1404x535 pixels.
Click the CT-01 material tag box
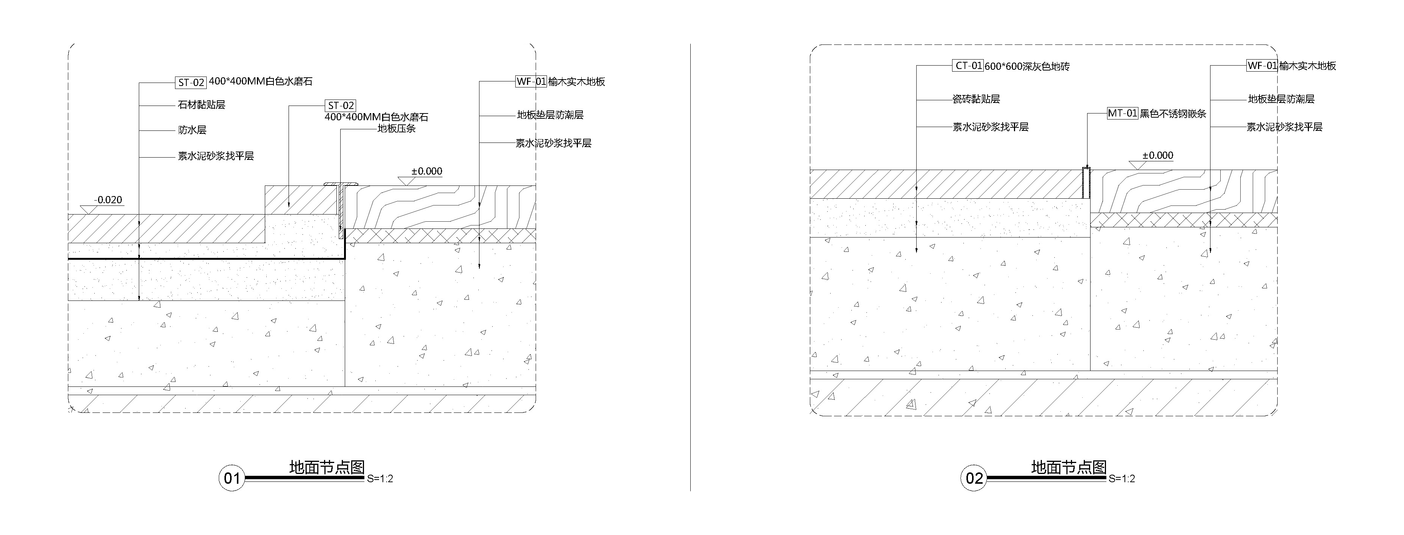(968, 66)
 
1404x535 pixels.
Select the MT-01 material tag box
(1122, 113)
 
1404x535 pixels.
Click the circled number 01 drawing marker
(232, 478)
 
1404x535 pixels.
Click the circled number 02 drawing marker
(974, 478)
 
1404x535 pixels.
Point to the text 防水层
(192, 130)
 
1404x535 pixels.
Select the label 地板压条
(397, 129)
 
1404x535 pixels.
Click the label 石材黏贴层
(201, 104)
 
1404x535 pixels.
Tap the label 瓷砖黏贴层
(975, 99)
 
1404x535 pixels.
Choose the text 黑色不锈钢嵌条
(1173, 114)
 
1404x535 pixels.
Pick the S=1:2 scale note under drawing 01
(380, 479)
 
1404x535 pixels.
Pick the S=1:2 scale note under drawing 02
(1122, 479)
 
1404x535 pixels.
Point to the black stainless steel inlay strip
(1086, 182)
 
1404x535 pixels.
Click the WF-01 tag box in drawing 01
(531, 82)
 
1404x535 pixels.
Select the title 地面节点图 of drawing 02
(1068, 468)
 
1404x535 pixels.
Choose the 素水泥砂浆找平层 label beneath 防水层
(216, 156)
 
